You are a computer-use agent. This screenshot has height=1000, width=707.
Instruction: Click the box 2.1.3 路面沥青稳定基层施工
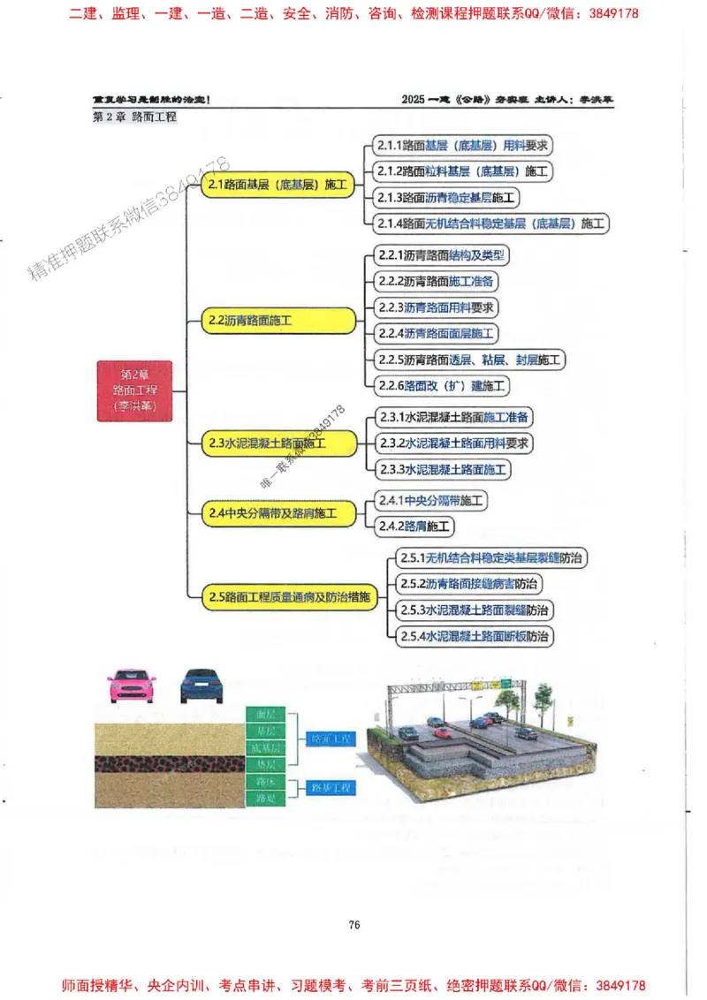446,197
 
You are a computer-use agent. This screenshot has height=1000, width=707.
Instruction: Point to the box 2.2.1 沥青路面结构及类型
441,255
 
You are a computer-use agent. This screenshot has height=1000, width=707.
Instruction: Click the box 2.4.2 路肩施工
414,527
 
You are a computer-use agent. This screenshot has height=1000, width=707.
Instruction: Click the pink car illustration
132,686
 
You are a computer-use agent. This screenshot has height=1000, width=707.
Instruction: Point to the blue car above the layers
205,686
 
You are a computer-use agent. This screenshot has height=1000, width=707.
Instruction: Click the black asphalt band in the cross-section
168,763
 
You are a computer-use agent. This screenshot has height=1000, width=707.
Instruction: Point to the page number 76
353,924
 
